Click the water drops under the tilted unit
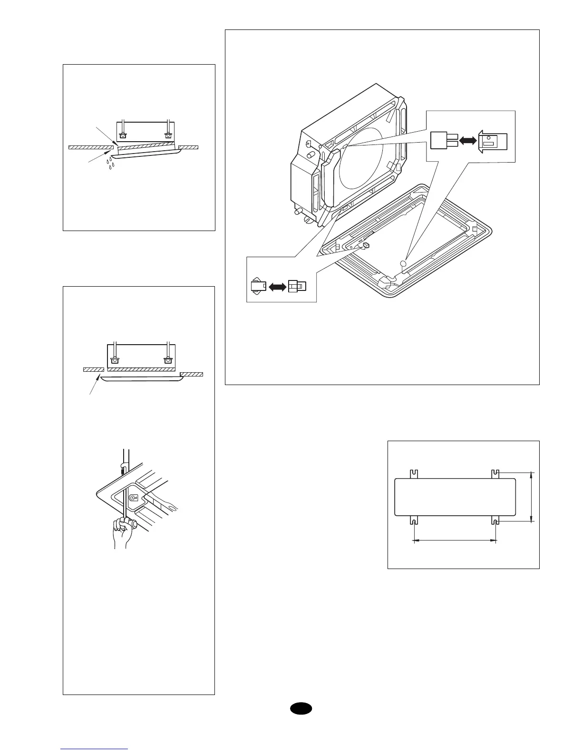pyautogui.click(x=110, y=164)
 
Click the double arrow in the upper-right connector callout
pyautogui.click(x=468, y=141)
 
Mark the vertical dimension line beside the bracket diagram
pyautogui.click(x=532, y=497)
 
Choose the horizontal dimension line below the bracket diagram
pyautogui.click(x=455, y=540)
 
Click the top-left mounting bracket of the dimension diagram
pyautogui.click(x=413, y=473)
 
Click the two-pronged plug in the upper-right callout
pyautogui.click(x=443, y=140)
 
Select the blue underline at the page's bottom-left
pyautogui.click(x=94, y=749)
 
